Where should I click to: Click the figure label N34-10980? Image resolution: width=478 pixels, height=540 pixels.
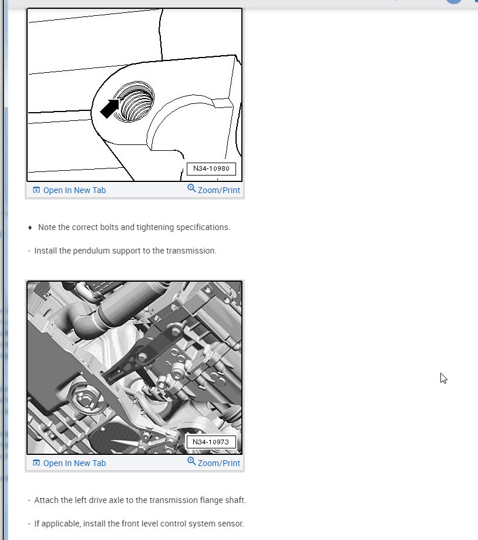[x=211, y=169]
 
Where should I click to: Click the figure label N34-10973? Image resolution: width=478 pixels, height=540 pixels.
[x=211, y=442]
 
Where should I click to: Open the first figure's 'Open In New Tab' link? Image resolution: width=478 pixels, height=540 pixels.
[x=74, y=190]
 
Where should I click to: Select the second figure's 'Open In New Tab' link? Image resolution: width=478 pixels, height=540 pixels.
[x=74, y=463]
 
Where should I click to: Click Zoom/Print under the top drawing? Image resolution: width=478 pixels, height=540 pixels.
[x=218, y=190]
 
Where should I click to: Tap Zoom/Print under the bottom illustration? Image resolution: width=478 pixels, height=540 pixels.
[x=218, y=463]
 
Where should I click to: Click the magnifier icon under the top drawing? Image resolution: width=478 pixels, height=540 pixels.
[x=191, y=188]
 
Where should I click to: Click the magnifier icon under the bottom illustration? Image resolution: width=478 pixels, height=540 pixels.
[x=191, y=461]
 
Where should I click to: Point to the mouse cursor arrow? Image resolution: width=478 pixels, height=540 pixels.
[x=443, y=378]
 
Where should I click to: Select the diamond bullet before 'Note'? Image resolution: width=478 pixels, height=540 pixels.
[x=30, y=227]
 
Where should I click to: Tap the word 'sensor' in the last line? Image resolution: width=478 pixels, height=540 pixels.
[x=230, y=524]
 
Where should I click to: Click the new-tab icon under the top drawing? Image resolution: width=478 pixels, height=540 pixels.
[x=36, y=190]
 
